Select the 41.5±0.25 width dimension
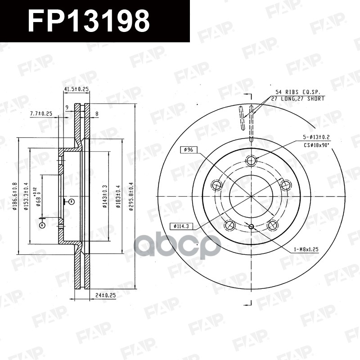tap(76, 89)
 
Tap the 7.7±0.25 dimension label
tap(41, 113)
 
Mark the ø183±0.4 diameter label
tap(118, 197)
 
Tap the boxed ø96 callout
tap(186, 149)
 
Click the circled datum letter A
tap(42, 225)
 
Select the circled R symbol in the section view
tap(71, 202)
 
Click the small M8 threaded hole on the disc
tap(251, 226)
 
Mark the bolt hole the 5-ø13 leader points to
tap(251, 161)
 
